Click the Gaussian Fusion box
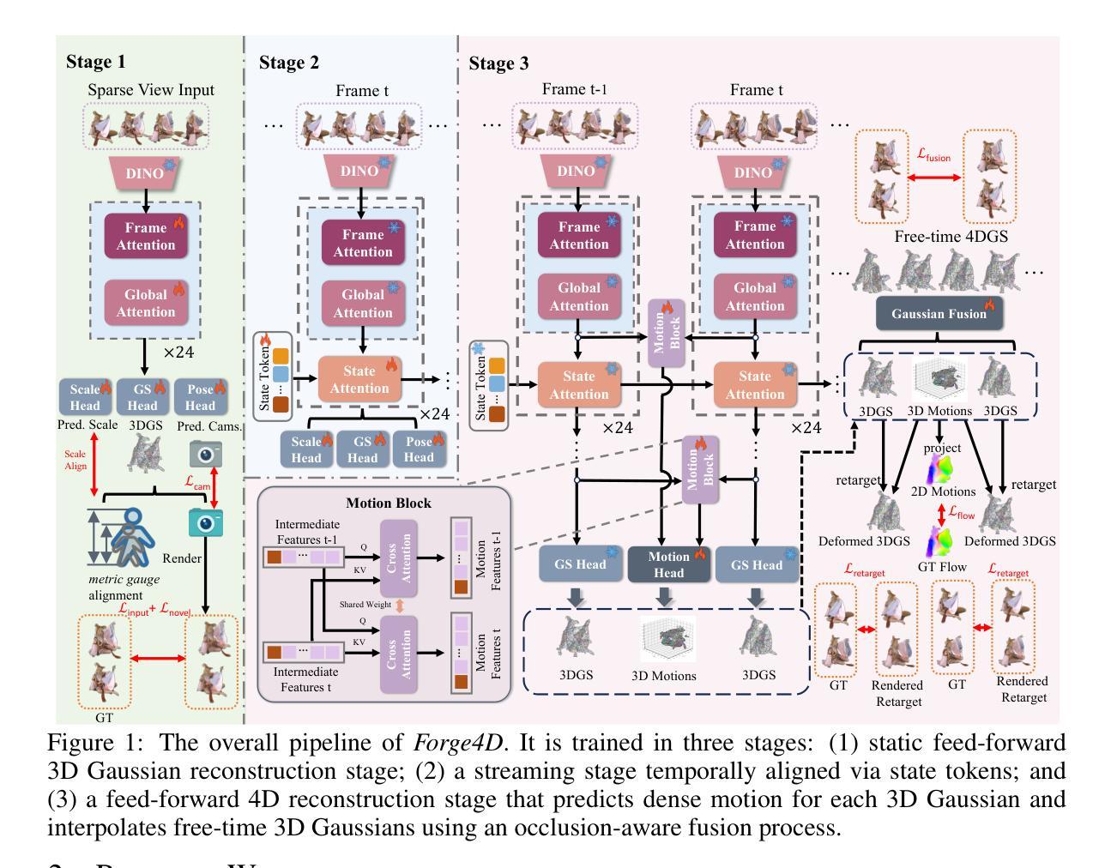point(939,314)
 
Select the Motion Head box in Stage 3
point(669,564)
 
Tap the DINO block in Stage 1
point(145,173)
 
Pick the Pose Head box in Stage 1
point(200,397)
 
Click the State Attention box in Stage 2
point(359,379)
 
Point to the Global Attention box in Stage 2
point(363,304)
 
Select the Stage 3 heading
point(498,63)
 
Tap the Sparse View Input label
point(151,90)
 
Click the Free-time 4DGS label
point(938,237)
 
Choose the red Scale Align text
point(75,460)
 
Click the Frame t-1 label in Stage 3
point(575,89)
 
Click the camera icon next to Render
point(205,523)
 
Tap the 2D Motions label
point(941,491)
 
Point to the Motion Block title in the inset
point(388,503)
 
